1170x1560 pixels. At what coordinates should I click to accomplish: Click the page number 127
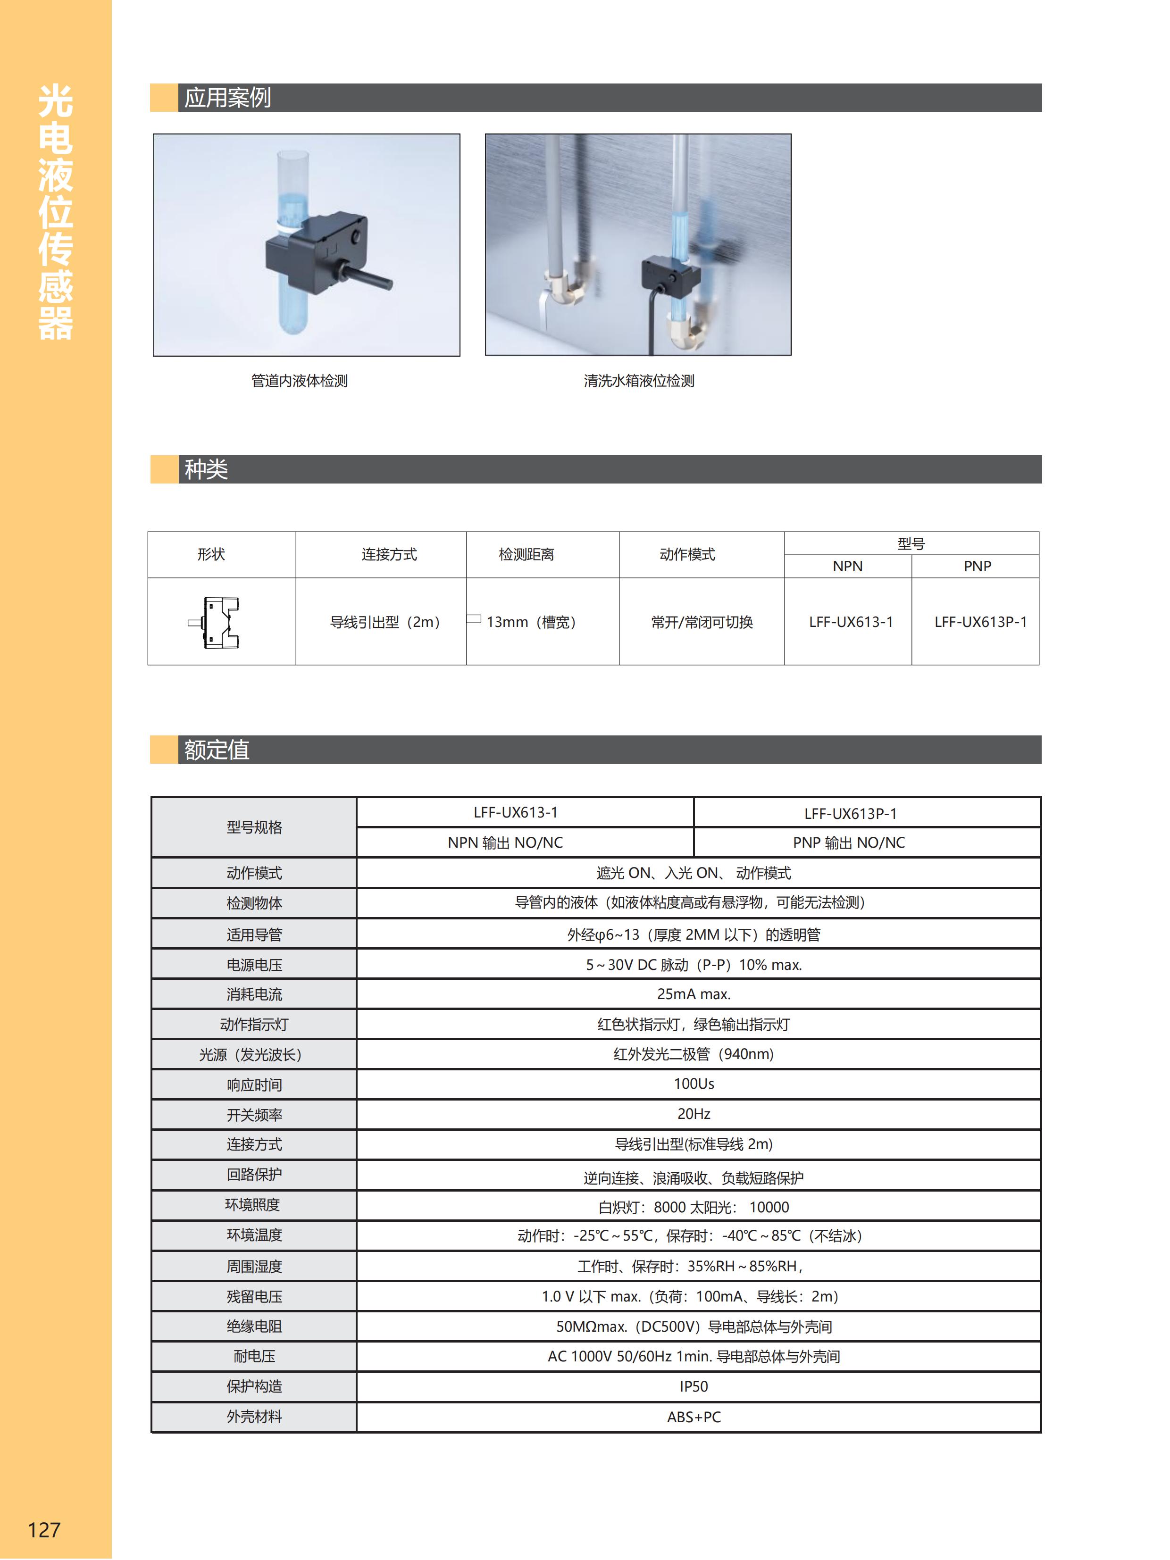[x=44, y=1530]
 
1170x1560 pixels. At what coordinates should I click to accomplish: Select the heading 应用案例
[x=227, y=97]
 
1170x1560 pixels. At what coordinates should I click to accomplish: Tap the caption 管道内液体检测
[x=299, y=381]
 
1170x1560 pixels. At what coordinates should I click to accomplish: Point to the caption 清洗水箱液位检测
[x=638, y=381]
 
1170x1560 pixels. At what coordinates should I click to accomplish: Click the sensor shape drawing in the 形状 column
[x=214, y=622]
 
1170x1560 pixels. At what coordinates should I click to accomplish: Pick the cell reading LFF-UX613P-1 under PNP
[x=980, y=622]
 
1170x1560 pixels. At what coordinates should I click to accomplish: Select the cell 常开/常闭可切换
[x=701, y=622]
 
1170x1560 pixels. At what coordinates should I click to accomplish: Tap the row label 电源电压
[x=254, y=964]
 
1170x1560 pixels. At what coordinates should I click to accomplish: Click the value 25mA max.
[x=693, y=993]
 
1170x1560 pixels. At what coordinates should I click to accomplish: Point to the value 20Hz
[x=693, y=1114]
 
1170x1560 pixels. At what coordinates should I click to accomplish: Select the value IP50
[x=693, y=1386]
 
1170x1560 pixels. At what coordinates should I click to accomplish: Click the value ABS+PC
[x=693, y=1416]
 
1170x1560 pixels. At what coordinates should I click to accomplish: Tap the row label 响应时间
[x=254, y=1084]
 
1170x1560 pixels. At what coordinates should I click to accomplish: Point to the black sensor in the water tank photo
[x=669, y=274]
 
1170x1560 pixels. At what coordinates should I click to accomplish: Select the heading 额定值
[x=217, y=749]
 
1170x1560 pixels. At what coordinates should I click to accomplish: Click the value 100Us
[x=693, y=1083]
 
